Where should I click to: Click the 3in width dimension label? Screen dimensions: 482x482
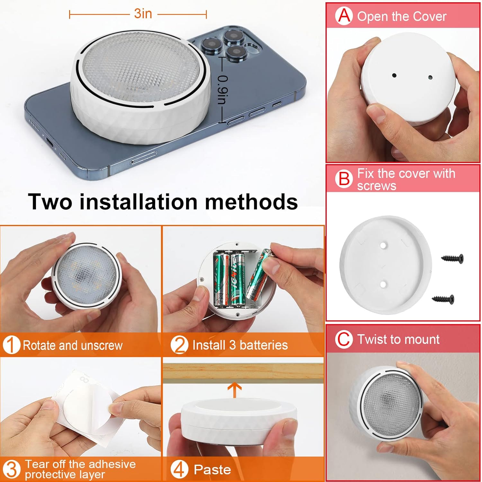point(143,14)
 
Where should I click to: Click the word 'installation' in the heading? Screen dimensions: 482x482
point(138,202)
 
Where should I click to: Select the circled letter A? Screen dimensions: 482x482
point(344,16)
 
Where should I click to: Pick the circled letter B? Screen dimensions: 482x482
point(344,179)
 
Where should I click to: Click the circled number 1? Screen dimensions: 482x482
point(11,345)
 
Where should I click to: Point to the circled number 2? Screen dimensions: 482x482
point(179,345)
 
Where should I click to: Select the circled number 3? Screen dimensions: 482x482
point(12,469)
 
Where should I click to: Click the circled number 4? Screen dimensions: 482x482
point(179,469)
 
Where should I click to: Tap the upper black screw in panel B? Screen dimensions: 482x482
point(452,258)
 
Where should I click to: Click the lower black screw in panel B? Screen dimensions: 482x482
point(443,299)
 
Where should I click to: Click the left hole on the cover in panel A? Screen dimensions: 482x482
point(394,76)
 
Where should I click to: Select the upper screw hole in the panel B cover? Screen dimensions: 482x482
point(383,245)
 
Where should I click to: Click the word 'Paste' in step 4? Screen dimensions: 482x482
point(212,470)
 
